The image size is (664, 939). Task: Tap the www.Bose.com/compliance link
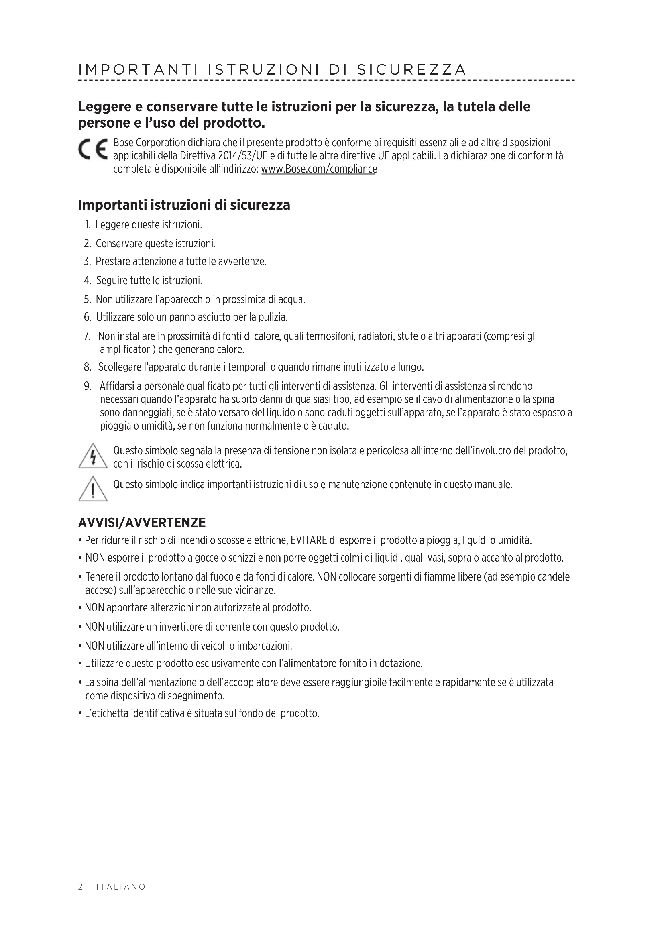coord(318,169)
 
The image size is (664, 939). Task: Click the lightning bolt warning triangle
coord(93,456)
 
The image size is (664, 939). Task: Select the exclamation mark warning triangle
coord(93,489)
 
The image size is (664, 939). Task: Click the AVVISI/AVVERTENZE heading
coord(142,523)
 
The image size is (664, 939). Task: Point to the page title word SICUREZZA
coord(411,70)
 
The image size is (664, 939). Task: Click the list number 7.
coord(87,336)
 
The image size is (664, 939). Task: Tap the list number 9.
coord(87,386)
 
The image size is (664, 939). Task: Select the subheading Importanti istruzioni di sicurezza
coord(184,205)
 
